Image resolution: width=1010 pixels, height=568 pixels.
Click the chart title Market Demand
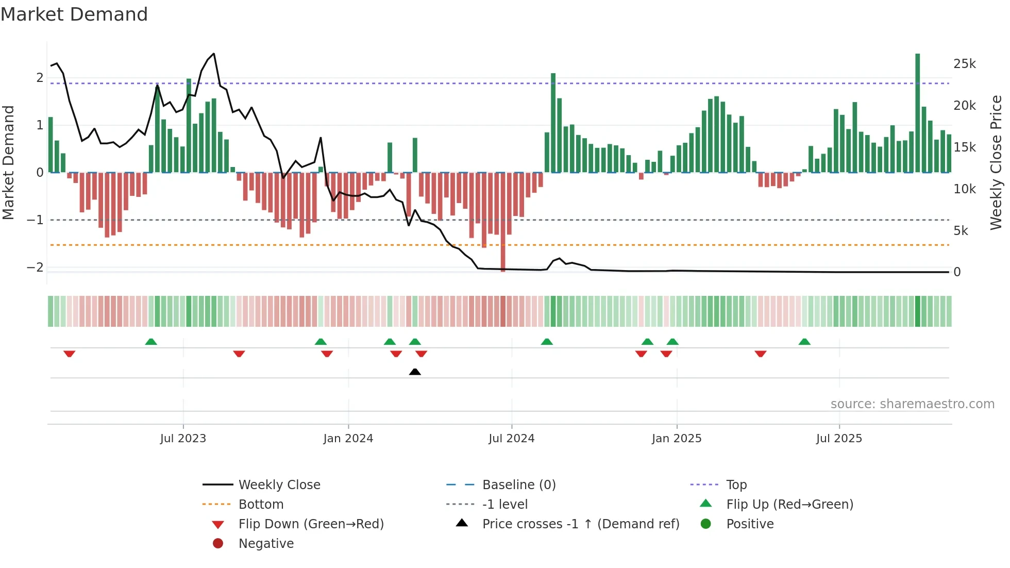(x=74, y=14)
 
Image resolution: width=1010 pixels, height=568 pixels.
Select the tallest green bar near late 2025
(x=917, y=113)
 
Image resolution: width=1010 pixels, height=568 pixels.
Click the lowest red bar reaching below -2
(x=503, y=222)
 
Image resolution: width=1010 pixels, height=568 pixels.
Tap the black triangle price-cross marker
(x=415, y=372)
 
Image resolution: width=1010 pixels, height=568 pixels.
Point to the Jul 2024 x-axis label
(x=511, y=439)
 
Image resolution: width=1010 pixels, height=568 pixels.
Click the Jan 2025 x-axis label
(x=676, y=439)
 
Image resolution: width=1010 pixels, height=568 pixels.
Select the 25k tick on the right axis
(x=964, y=64)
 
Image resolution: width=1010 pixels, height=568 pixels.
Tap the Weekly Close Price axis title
(x=996, y=162)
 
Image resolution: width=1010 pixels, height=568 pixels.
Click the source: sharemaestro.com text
(x=912, y=404)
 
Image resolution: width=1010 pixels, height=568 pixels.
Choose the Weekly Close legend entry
(x=279, y=485)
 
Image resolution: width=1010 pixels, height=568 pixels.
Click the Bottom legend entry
(x=261, y=505)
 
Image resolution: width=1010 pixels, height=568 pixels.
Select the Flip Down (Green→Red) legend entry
(x=311, y=524)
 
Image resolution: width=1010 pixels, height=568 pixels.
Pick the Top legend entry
(x=736, y=485)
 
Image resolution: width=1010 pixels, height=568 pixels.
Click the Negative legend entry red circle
(x=218, y=544)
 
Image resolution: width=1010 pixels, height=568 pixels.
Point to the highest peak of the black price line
(x=214, y=54)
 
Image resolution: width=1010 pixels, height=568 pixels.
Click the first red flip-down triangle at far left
(x=70, y=354)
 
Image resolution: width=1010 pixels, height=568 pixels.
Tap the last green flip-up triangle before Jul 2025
(x=804, y=342)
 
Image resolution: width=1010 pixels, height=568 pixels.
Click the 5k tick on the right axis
(x=961, y=231)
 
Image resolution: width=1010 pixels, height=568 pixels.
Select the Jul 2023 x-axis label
(x=183, y=439)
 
